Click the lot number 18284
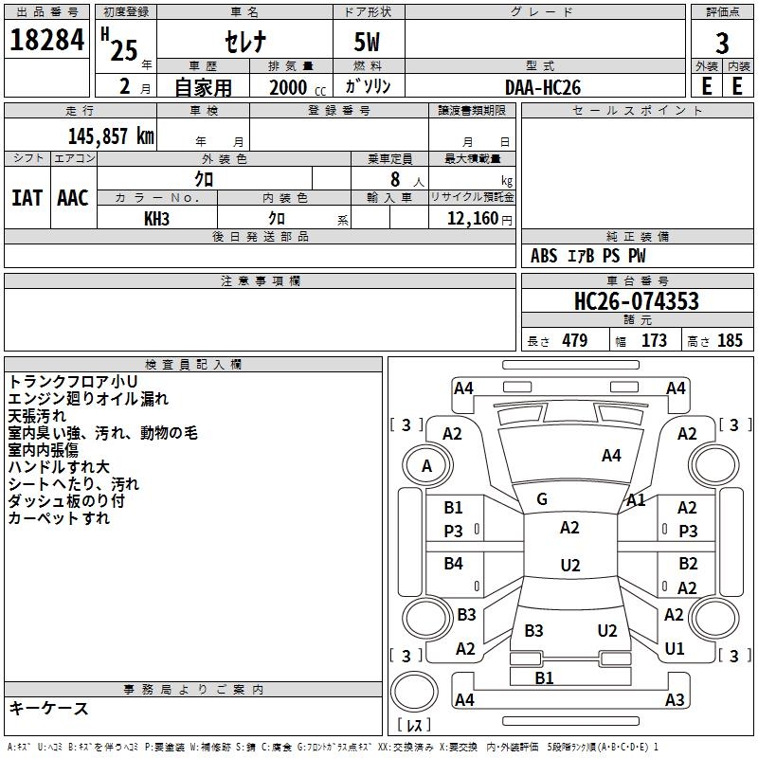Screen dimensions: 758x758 [x=46, y=41]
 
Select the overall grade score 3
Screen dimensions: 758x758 [x=722, y=43]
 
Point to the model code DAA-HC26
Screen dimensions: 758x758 [x=543, y=87]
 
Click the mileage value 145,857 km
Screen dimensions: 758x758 [x=111, y=135]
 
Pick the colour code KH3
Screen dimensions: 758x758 [x=156, y=218]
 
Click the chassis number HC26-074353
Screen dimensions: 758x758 [x=637, y=301]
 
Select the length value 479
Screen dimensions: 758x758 [x=574, y=341]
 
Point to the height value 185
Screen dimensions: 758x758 [x=730, y=341]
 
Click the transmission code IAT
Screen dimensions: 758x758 [x=27, y=198]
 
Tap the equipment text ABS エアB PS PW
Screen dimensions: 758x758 [x=588, y=256]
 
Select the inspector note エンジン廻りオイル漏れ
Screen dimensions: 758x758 [x=88, y=399]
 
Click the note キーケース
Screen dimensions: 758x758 [x=48, y=708]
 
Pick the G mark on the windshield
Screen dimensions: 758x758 [x=541, y=499]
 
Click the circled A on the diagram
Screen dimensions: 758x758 [x=426, y=465]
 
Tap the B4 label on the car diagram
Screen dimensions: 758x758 [x=454, y=564]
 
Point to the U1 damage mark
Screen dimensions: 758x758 [x=675, y=649]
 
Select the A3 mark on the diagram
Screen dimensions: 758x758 [x=675, y=700]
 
